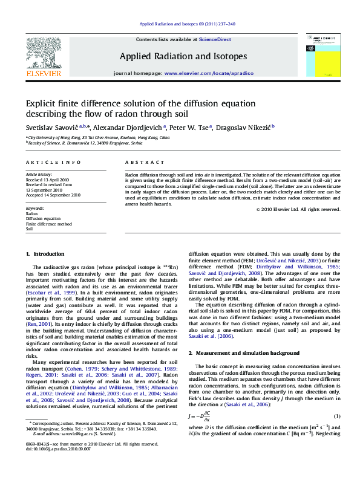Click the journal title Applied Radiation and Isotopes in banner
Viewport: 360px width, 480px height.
[183, 56]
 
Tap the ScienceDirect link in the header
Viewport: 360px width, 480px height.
[215, 39]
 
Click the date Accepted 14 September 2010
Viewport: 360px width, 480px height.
[53, 195]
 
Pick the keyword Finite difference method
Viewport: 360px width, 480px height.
[49, 224]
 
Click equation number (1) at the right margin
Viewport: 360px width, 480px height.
[337, 416]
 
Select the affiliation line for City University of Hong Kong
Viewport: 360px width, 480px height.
[98, 137]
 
